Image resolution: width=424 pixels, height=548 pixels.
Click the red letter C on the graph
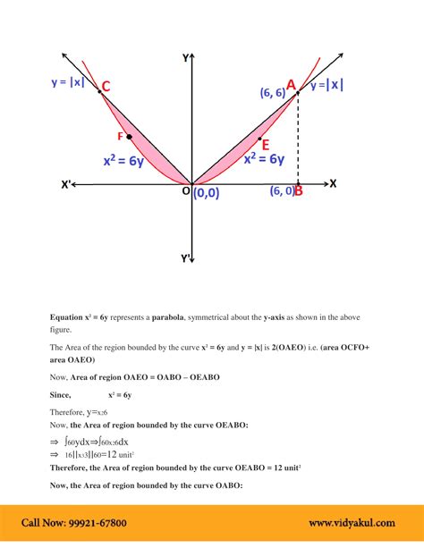coord(106,86)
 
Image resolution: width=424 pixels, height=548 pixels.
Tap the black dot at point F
coord(130,137)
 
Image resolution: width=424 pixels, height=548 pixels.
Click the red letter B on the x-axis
coord(298,190)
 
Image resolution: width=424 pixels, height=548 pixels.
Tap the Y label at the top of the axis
coord(185,57)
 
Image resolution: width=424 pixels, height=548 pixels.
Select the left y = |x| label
coord(70,82)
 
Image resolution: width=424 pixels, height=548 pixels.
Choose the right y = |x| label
coord(326,85)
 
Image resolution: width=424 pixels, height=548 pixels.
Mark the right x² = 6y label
coord(264,159)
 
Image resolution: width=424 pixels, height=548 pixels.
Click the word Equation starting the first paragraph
coord(65,317)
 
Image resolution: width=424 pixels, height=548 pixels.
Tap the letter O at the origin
coord(185,190)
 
